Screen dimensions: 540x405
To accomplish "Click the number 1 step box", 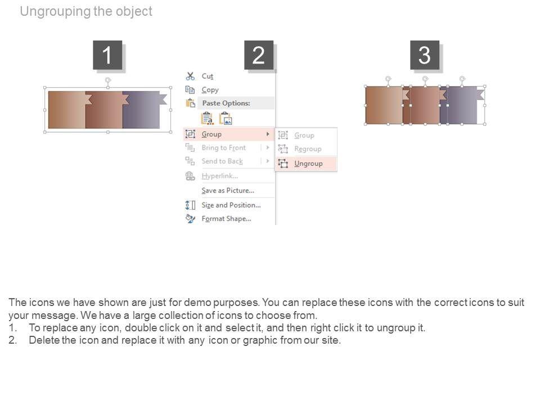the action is point(107,55).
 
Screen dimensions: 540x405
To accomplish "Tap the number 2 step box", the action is point(259,55).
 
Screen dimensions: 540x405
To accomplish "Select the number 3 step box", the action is point(425,55).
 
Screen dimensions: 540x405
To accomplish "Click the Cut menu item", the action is point(208,76).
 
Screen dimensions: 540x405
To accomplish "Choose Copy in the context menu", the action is point(210,90).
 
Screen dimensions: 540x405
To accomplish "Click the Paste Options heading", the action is point(226,103).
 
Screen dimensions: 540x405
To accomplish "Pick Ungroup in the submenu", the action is point(308,164).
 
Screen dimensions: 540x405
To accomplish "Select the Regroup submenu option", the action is point(308,148).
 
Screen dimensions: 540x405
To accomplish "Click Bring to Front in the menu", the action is point(224,148).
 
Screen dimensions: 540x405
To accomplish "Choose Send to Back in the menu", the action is point(222,161).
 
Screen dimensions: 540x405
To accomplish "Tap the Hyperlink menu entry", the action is point(220,176).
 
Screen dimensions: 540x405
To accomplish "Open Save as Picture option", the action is point(228,191).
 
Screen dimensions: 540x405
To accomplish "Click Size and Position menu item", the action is point(231,205).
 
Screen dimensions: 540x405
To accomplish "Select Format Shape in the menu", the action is point(226,219).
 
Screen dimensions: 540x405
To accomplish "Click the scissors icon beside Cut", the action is point(190,76).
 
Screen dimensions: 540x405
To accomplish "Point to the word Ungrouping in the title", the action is point(56,11).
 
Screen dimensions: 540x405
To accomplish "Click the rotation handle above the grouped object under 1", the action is point(108,80).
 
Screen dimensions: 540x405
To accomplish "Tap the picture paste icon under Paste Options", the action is point(226,119).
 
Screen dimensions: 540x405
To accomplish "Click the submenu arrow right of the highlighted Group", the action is point(268,134).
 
